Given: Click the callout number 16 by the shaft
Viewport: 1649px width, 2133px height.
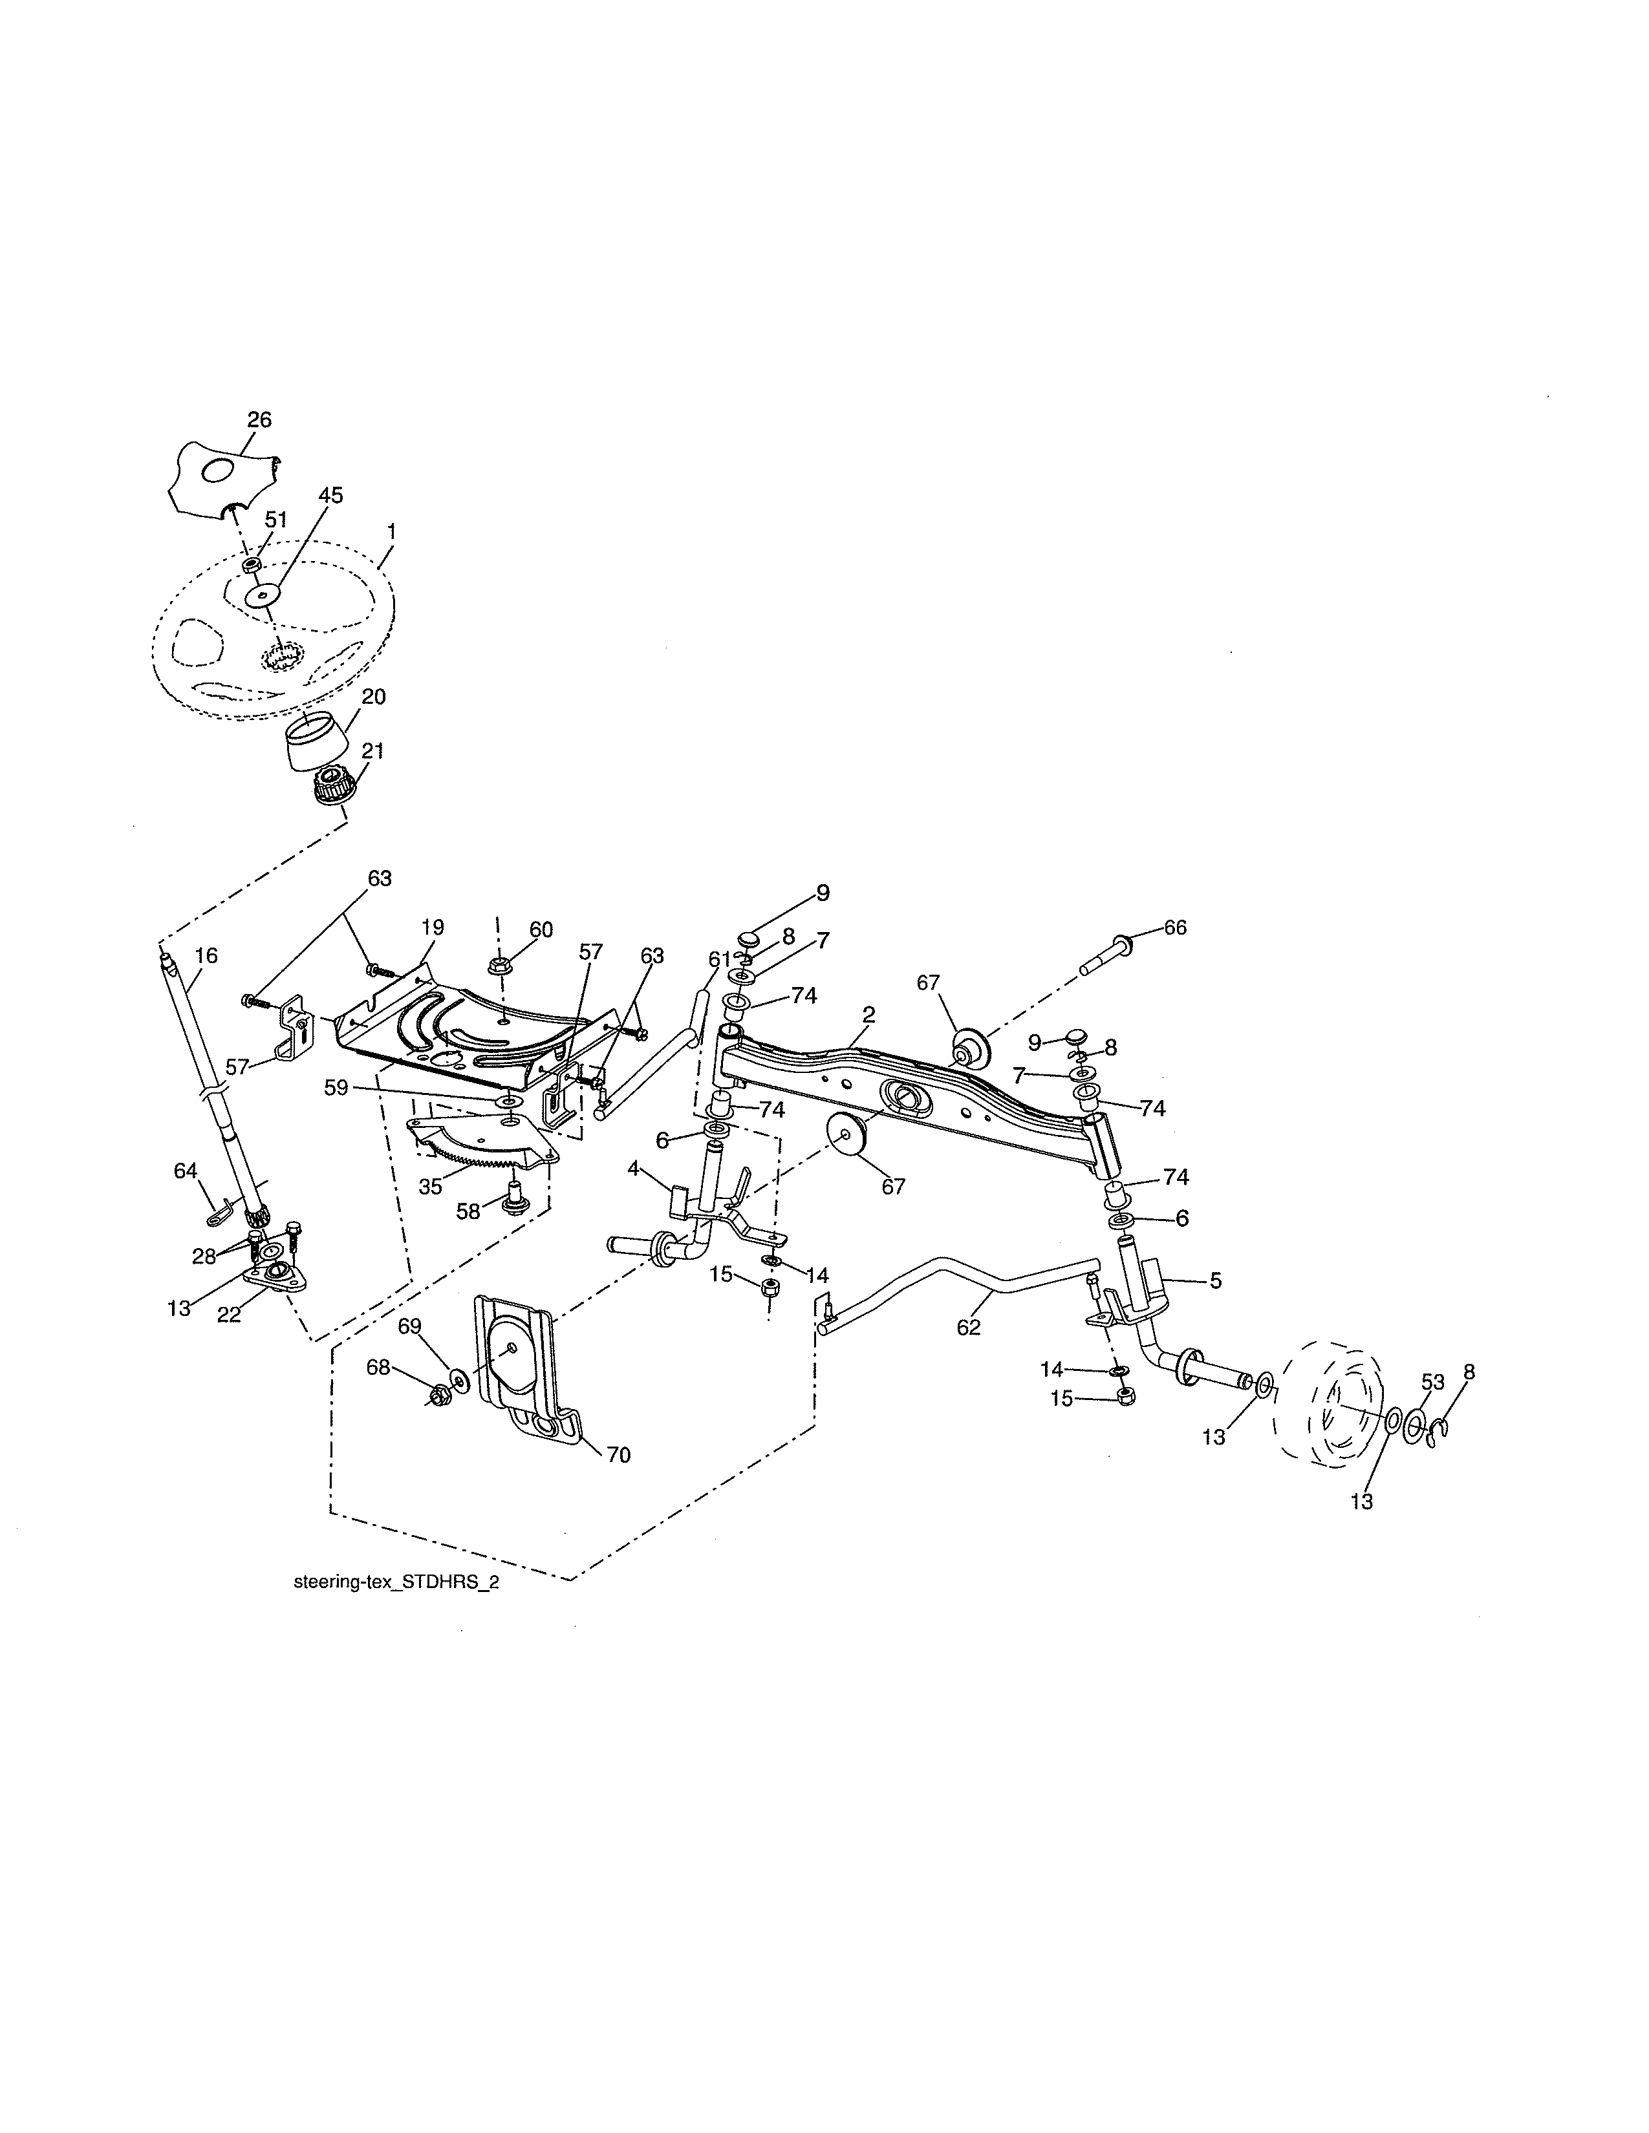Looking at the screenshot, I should point(206,955).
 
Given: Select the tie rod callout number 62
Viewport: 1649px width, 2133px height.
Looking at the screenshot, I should point(968,1327).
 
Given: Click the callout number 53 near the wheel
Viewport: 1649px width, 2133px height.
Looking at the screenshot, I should point(1432,1382).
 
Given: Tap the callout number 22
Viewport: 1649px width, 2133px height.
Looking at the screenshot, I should point(228,1315).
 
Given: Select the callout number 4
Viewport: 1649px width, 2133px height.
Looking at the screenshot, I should point(633,1168).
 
